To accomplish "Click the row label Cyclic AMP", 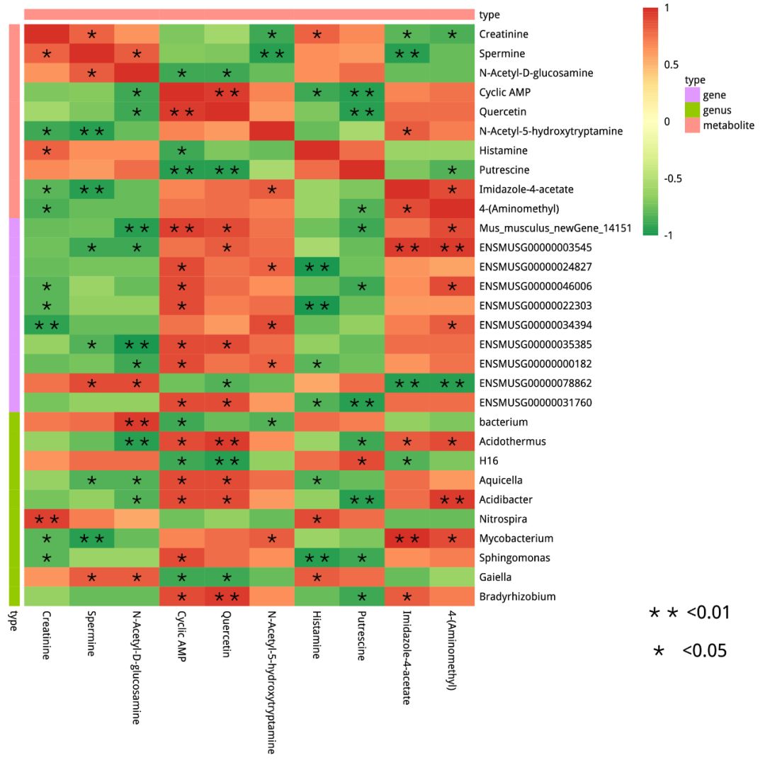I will point(504,92).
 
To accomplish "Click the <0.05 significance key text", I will point(705,650).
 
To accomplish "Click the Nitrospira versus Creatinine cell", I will point(47,518).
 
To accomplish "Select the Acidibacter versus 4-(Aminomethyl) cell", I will point(452,499).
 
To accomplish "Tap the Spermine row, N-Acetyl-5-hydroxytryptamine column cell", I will point(272,53).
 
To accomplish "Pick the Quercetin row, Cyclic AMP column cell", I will point(182,111).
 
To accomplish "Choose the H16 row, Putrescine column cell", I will point(362,460).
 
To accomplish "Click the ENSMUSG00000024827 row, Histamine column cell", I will point(317,266).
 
